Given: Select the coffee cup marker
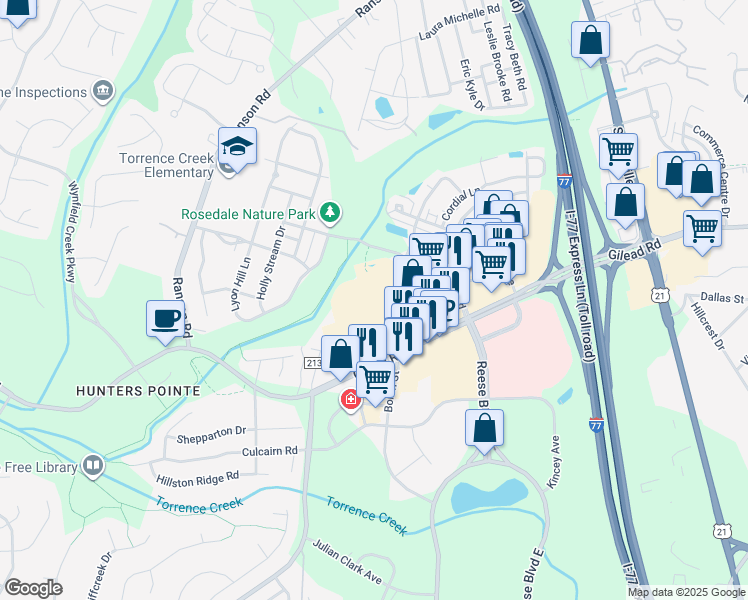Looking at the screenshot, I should [x=166, y=320].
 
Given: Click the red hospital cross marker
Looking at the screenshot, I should [x=350, y=401].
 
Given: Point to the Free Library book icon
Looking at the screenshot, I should [x=93, y=466].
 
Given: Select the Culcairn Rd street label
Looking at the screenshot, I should [x=263, y=451].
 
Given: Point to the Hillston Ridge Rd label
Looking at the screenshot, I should [x=197, y=480].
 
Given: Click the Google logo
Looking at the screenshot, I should [x=33, y=588].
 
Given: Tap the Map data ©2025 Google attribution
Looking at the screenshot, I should [x=686, y=592].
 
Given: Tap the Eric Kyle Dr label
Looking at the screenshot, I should [x=472, y=84].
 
